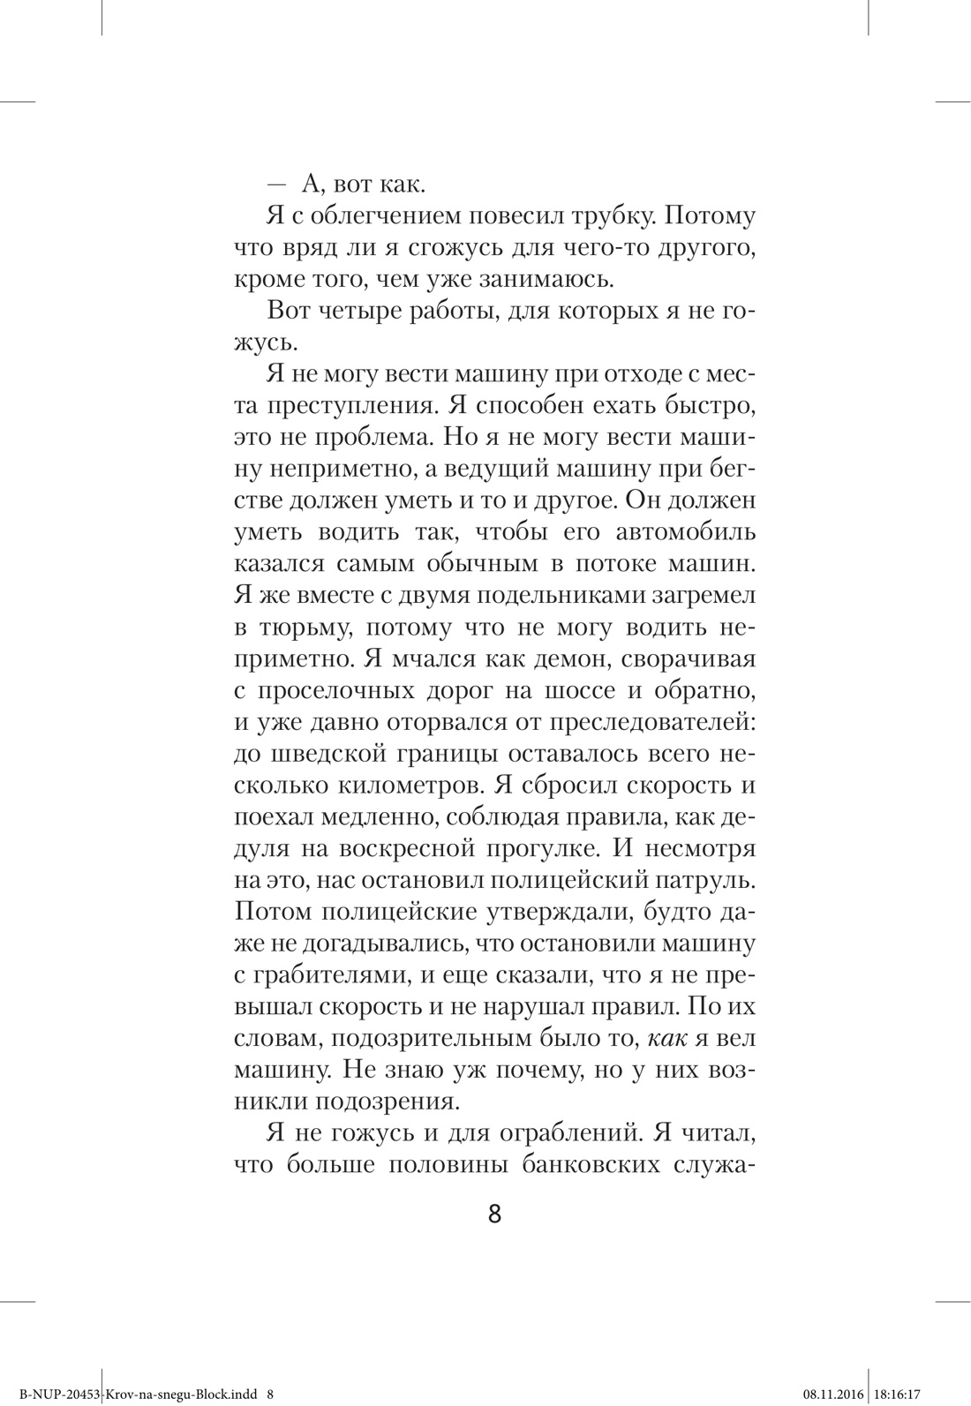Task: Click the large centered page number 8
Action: click(x=494, y=1215)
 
